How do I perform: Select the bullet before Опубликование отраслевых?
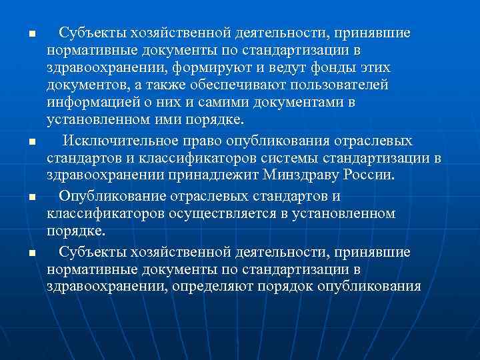pos(22,197)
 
